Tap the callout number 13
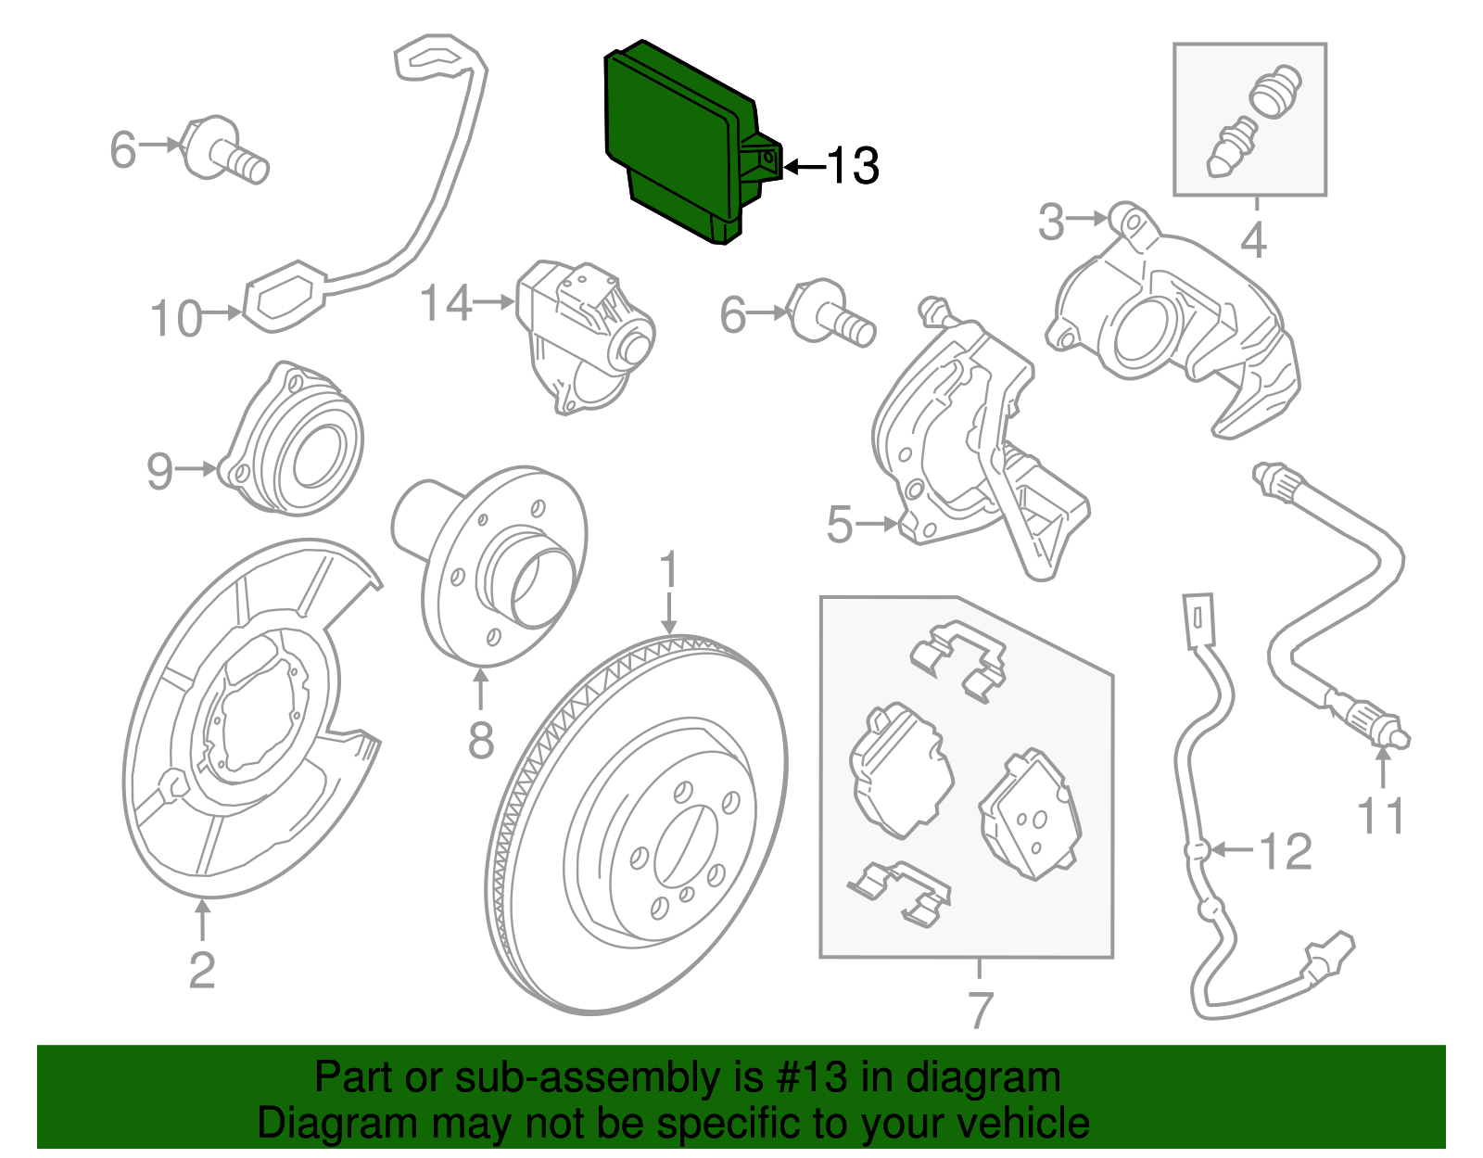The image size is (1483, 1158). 852,166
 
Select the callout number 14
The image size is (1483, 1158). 446,303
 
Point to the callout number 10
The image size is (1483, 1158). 175,318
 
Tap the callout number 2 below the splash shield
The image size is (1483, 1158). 201,970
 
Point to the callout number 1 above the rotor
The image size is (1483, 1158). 669,571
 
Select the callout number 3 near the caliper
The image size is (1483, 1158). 1050,223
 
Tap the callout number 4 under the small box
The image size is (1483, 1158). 1252,241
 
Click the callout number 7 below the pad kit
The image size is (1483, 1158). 980,1009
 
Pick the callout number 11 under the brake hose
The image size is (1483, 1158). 1380,816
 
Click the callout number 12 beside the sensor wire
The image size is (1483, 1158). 1286,851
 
